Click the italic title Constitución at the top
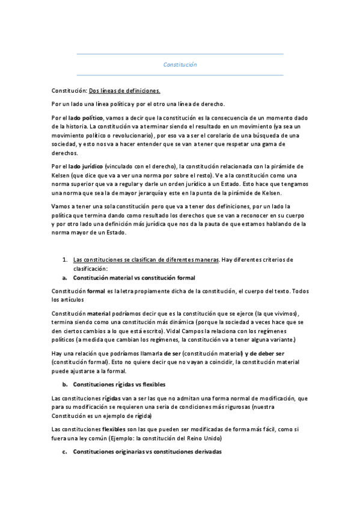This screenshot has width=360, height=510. tap(180, 64)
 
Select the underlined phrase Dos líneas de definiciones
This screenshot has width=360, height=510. tap(124, 91)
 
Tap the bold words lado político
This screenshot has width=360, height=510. tap(86, 117)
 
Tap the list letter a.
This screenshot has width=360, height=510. tap(64, 278)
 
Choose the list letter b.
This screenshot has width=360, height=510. tap(64, 383)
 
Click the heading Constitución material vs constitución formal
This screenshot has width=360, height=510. tap(133, 278)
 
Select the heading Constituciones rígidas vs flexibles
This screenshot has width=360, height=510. tap(119, 383)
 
